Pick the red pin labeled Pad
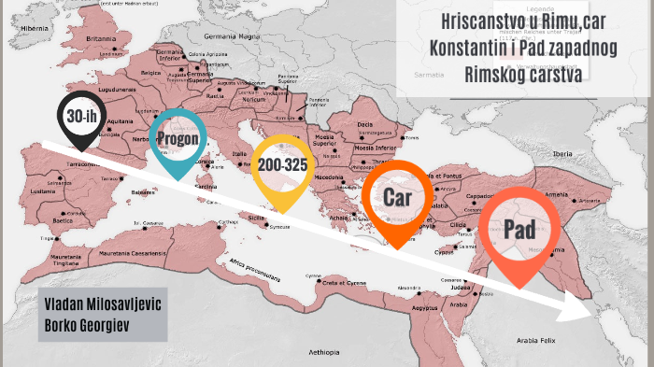[x=521, y=230]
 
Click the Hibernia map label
[x=35, y=29]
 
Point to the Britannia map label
[x=100, y=38]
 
